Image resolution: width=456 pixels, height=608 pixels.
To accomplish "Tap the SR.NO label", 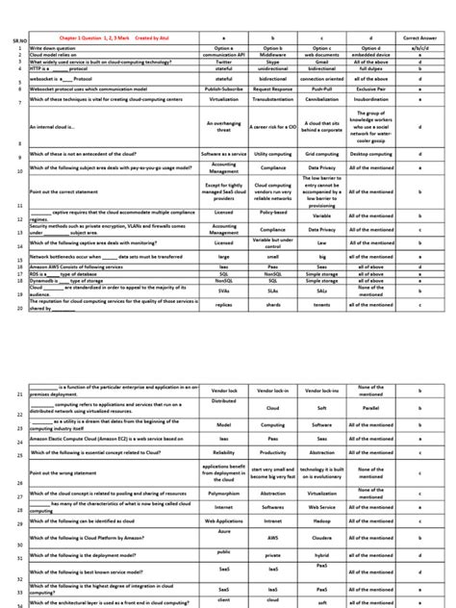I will pos(12,43).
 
